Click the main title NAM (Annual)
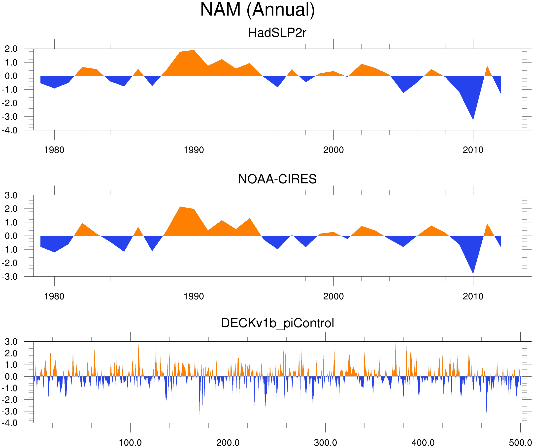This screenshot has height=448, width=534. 257,10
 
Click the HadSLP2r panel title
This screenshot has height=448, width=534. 277,33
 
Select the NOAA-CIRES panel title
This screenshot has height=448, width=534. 277,179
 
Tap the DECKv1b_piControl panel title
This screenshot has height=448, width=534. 277,323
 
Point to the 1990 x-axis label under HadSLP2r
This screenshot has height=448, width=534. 194,150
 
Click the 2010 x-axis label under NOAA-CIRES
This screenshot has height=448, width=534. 473,296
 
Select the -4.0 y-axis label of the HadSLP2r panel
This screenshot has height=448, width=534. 10,130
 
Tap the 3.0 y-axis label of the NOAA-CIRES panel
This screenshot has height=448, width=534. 11,195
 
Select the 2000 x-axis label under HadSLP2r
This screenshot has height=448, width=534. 333,150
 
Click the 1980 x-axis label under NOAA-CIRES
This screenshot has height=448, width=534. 54,296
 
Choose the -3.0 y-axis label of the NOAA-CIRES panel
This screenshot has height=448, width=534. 10,277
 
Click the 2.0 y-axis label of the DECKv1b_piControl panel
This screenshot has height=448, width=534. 11,353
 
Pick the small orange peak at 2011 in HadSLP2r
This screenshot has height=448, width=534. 487,68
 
